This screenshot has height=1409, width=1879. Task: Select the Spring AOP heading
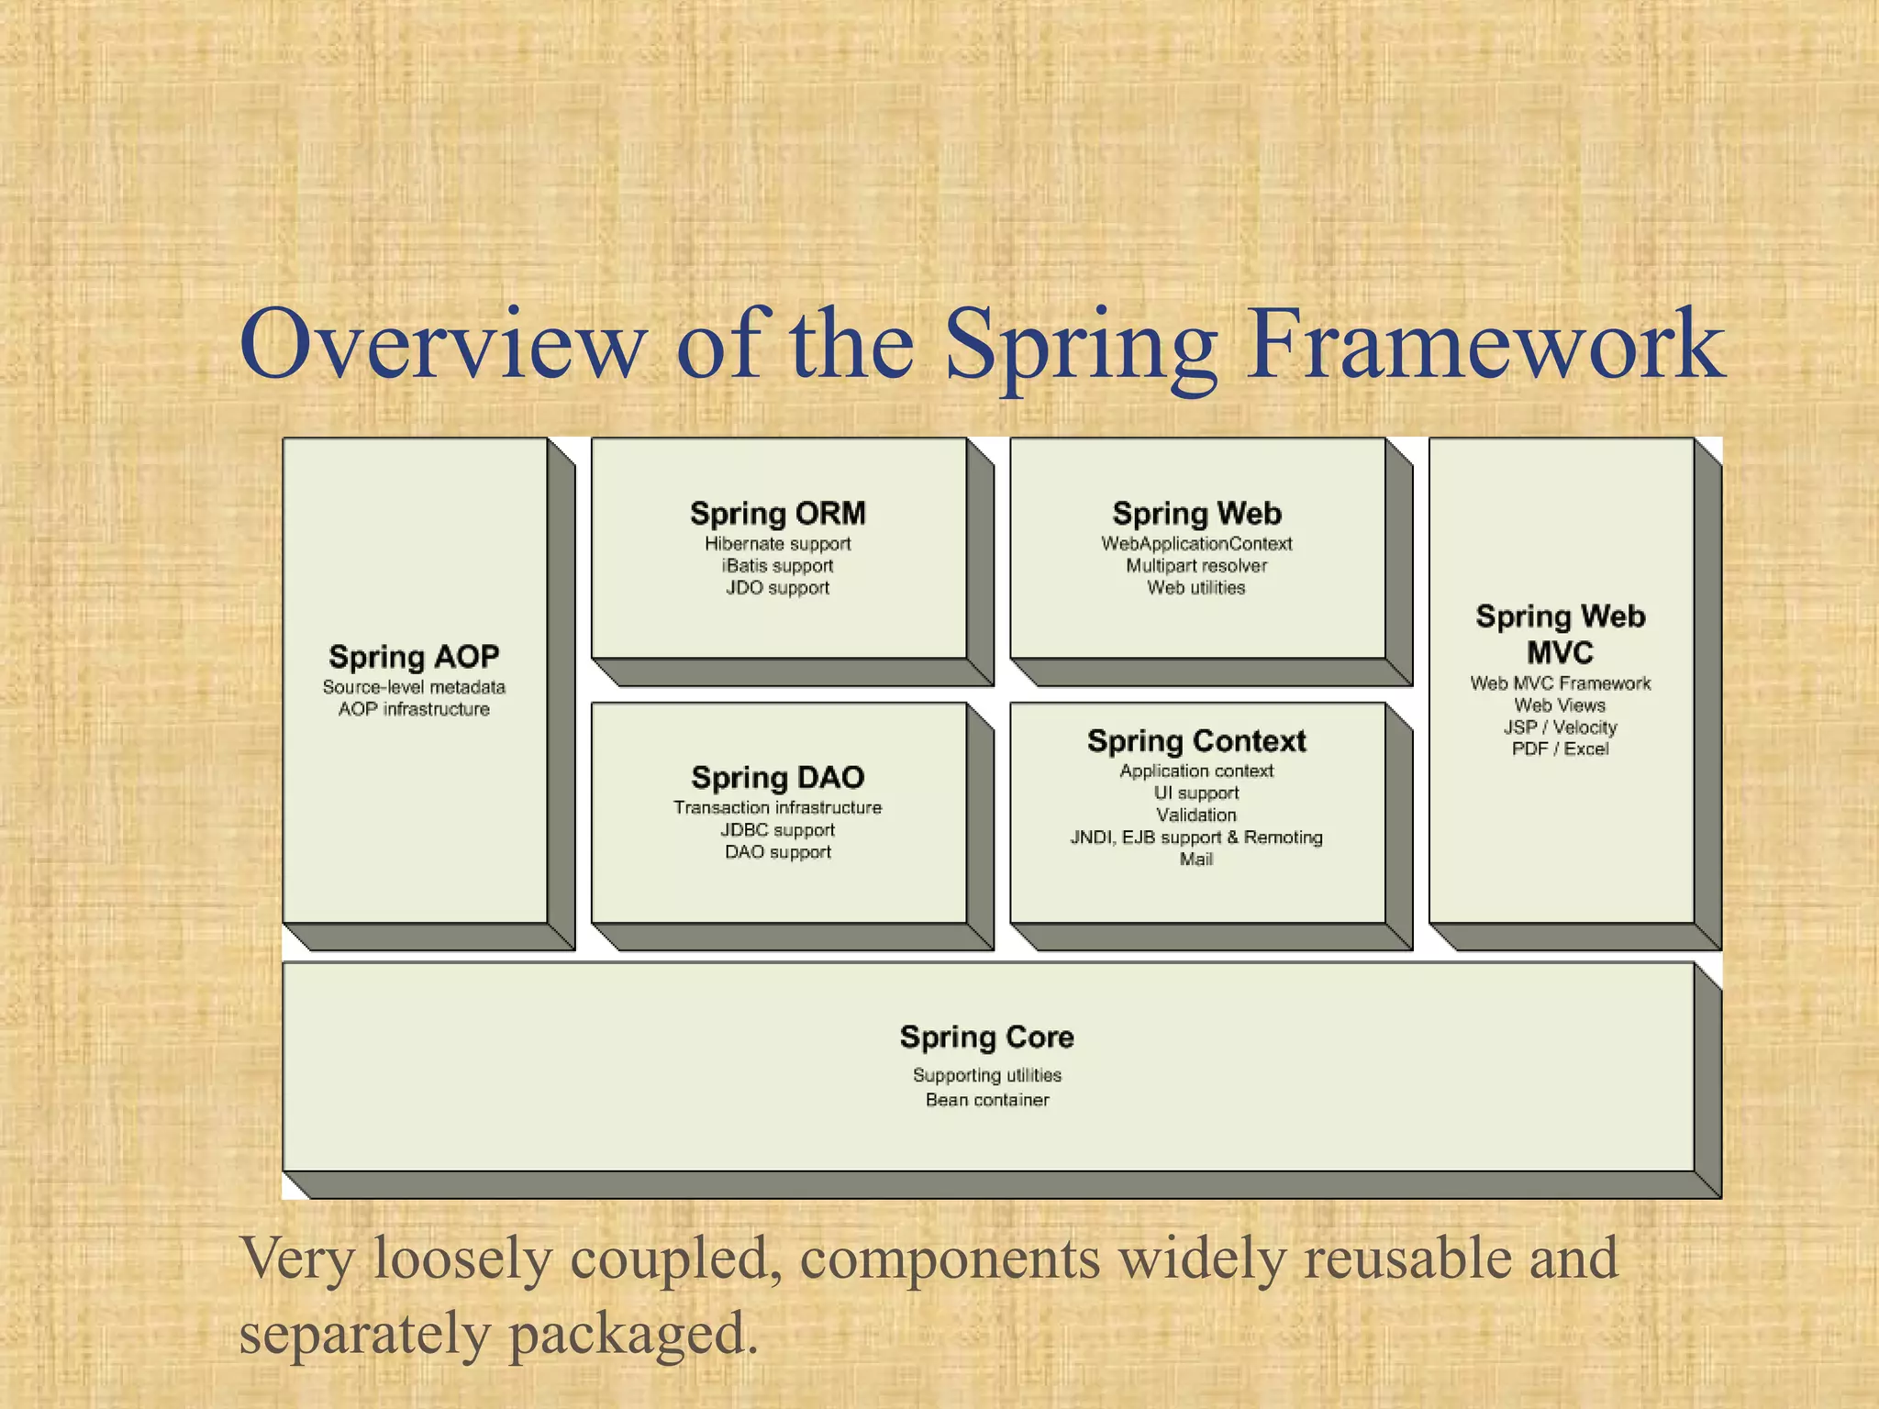pos(414,657)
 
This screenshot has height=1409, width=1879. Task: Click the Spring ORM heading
pos(777,513)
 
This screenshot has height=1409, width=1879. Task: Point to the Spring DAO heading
pos(777,778)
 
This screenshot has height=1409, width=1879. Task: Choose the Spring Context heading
pos(1196,740)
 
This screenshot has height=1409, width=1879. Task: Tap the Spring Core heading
pos(986,1037)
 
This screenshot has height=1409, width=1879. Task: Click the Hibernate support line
pos(777,544)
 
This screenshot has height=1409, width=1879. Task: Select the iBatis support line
pos(777,566)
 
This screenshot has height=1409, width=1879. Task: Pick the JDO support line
pos(777,588)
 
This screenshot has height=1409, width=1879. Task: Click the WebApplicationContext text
pos(1196,544)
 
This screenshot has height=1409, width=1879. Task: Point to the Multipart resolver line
pos(1196,566)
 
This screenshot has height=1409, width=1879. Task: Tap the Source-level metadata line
pos(414,687)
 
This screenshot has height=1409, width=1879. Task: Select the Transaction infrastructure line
pos(777,808)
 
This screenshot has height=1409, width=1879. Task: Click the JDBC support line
pos(777,830)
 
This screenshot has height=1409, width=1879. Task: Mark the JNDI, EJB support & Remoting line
pos(1196,838)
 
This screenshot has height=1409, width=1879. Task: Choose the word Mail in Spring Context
pos(1196,860)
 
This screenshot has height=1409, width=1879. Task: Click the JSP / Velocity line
pos(1560,727)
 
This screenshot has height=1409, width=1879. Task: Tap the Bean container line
pos(986,1100)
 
